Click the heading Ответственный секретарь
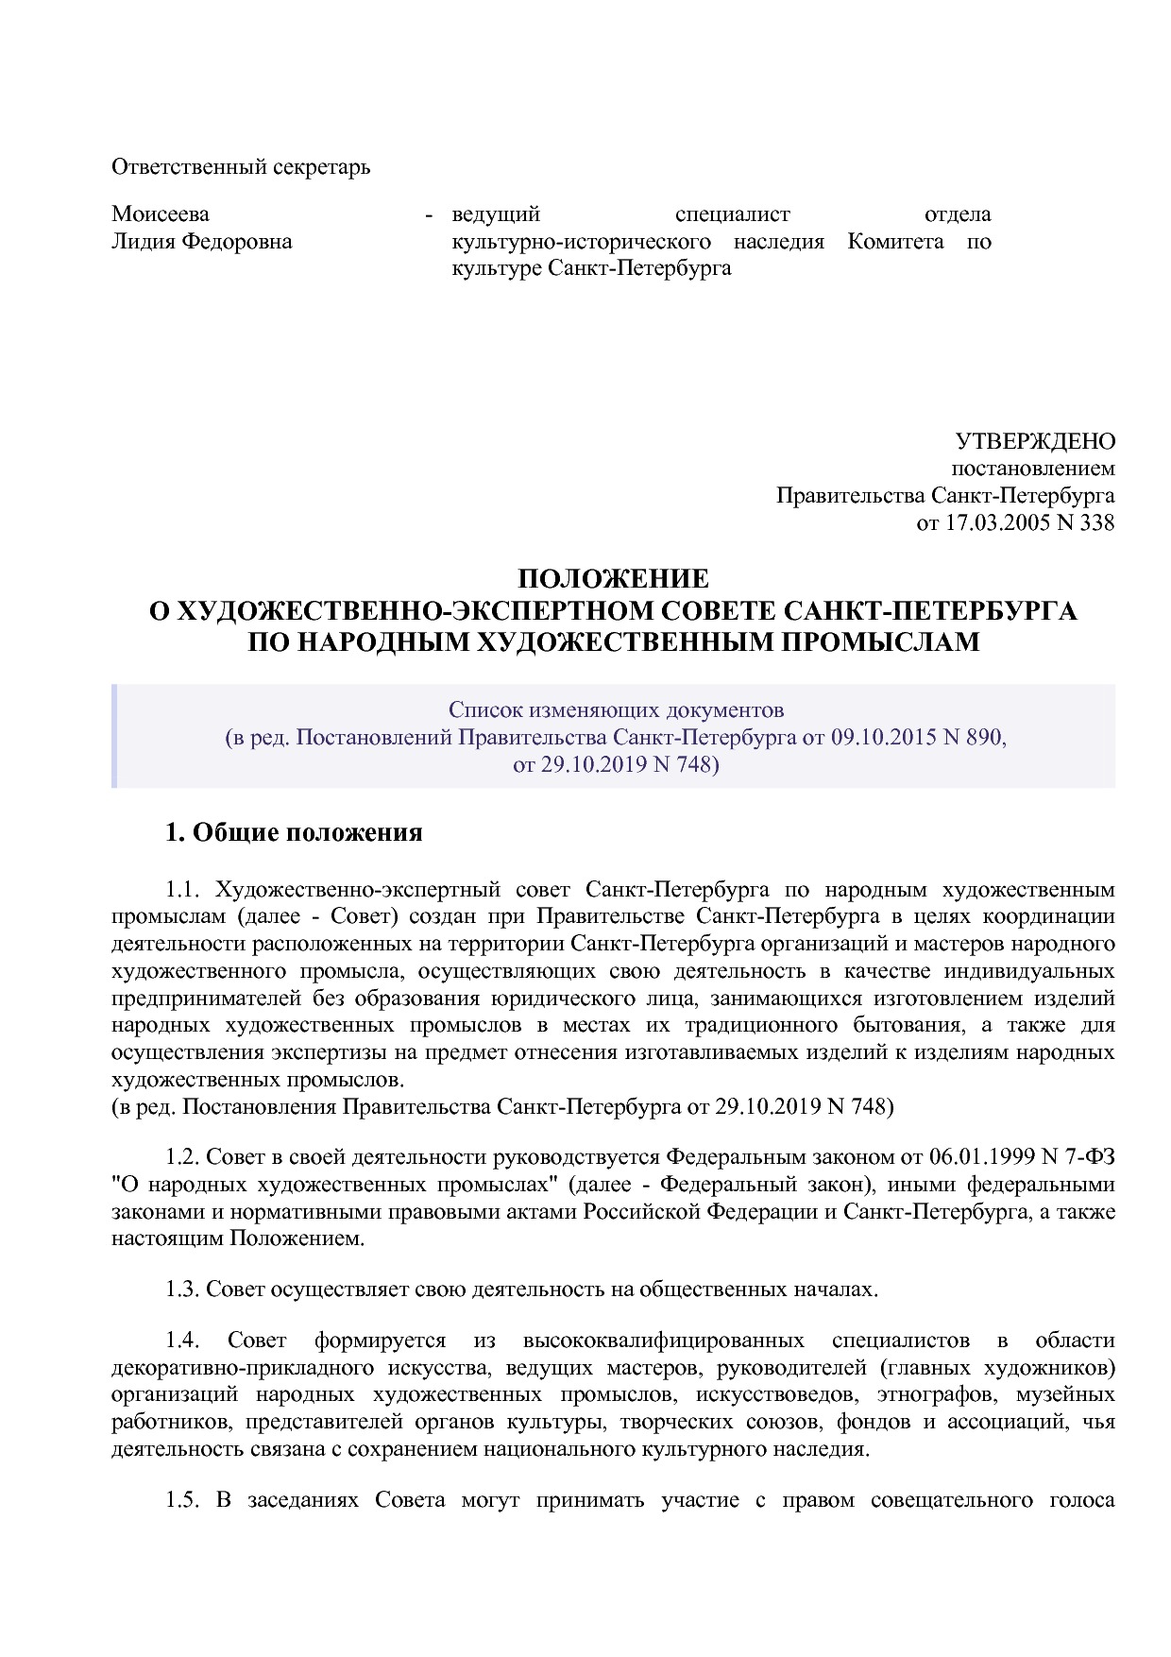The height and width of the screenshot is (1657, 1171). [x=241, y=167]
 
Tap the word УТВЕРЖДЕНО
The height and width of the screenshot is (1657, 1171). [x=1035, y=441]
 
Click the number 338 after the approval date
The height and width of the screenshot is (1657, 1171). [x=1095, y=522]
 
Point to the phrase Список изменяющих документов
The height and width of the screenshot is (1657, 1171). [x=616, y=709]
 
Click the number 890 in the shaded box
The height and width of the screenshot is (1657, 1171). [x=986, y=737]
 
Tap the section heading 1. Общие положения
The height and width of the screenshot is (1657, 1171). [x=294, y=832]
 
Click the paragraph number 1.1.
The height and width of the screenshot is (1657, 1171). [x=185, y=890]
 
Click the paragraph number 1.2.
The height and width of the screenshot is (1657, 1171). [x=185, y=1157]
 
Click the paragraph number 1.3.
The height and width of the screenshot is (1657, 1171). [x=185, y=1289]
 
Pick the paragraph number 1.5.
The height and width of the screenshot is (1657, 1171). [x=185, y=1501]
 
